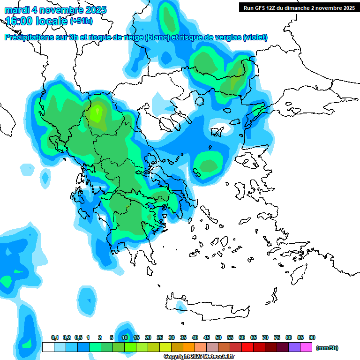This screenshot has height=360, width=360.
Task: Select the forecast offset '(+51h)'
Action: pyautogui.click(x=81, y=21)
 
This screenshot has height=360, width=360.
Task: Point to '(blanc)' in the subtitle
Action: pyautogui.click(x=157, y=37)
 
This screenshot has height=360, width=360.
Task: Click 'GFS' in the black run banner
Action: pyautogui.click(x=261, y=7)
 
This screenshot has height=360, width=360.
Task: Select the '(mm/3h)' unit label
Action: pyautogui.click(x=327, y=348)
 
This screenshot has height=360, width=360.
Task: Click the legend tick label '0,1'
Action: pyautogui.click(x=54, y=337)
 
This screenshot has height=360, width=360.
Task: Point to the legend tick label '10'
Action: pyautogui.click(x=125, y=337)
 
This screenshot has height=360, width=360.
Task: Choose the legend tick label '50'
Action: pyautogui.click(x=218, y=337)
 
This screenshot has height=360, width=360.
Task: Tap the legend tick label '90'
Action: pyautogui.click(x=312, y=337)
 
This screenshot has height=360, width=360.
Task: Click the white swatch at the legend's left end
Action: pyautogui.click(x=48, y=347)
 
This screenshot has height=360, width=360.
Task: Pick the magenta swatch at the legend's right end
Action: pyautogui.click(x=306, y=347)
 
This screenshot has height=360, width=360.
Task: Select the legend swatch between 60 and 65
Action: pyautogui.click(x=247, y=347)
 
